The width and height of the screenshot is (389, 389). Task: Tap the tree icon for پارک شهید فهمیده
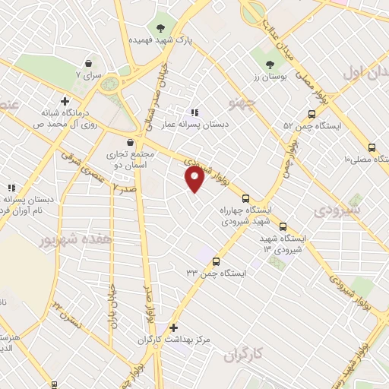click(x=160, y=28)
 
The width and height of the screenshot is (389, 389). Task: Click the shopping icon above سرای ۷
click(x=90, y=64)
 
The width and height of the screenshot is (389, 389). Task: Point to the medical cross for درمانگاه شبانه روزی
click(x=65, y=101)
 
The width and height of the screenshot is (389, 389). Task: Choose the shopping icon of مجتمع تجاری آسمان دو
click(x=130, y=142)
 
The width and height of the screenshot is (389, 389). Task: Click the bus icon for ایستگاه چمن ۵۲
click(x=312, y=114)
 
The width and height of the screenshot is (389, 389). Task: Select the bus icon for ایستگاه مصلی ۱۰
click(x=372, y=148)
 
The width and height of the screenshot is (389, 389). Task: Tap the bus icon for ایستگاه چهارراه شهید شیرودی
click(x=245, y=199)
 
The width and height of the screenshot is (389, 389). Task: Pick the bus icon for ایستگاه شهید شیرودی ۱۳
click(x=283, y=226)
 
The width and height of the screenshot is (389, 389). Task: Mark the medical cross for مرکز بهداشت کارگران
click(x=174, y=328)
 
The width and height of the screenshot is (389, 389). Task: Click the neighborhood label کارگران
click(x=242, y=354)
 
